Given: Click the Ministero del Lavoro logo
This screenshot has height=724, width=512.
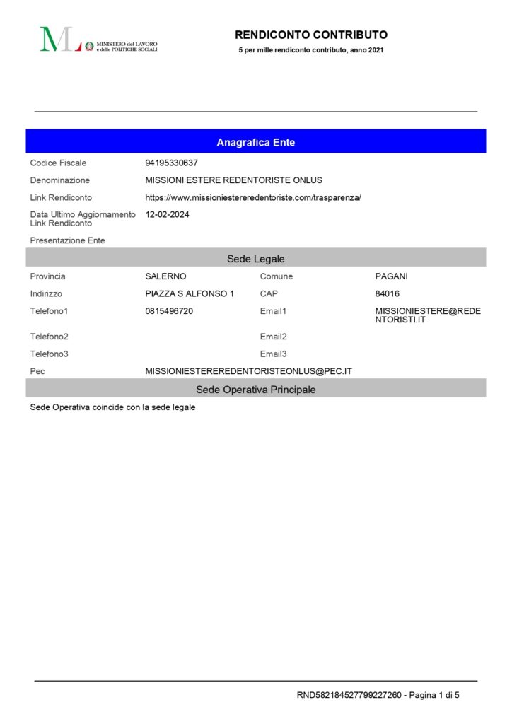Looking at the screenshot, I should click(98, 40).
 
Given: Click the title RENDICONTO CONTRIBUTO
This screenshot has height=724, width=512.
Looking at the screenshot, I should click(311, 35).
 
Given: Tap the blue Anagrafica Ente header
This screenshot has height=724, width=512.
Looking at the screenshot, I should click(255, 142).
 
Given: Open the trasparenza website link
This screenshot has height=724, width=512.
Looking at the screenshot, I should click(252, 198).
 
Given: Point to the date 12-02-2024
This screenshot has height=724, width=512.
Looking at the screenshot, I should click(167, 214).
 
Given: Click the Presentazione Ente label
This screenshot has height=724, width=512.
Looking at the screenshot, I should click(67, 240).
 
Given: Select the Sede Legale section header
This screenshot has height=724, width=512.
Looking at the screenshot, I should click(255, 259).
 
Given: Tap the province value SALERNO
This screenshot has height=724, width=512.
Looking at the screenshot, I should click(165, 276).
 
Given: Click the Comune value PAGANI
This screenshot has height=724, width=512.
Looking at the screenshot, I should click(391, 276).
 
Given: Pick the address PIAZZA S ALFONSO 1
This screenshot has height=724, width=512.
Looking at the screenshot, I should click(190, 293).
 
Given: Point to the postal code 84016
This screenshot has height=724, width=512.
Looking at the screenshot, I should click(387, 293).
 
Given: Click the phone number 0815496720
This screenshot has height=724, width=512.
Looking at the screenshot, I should click(169, 311).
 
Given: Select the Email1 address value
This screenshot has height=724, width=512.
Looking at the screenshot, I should click(427, 315).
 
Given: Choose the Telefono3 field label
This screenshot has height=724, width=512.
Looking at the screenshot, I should click(50, 354).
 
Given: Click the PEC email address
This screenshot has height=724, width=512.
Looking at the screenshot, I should click(248, 371).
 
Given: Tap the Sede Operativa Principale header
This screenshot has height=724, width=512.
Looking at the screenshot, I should click(255, 390).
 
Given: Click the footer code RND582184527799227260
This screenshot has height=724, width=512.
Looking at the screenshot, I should click(349, 696).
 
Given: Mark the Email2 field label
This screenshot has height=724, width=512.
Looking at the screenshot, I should click(273, 337).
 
